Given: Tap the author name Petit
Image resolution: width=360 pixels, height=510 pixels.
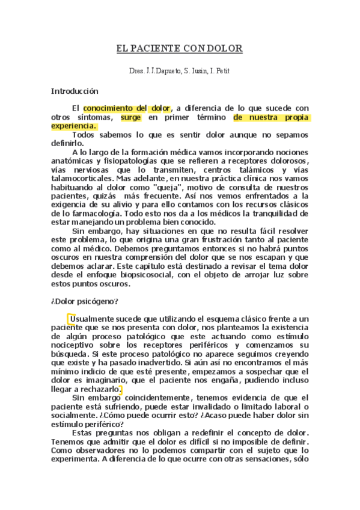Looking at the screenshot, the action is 222,71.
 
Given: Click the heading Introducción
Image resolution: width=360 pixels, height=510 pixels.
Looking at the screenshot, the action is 74,91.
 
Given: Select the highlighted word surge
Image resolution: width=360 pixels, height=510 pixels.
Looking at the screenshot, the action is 131,117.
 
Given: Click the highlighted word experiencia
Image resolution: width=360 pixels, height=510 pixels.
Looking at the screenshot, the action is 73,126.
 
